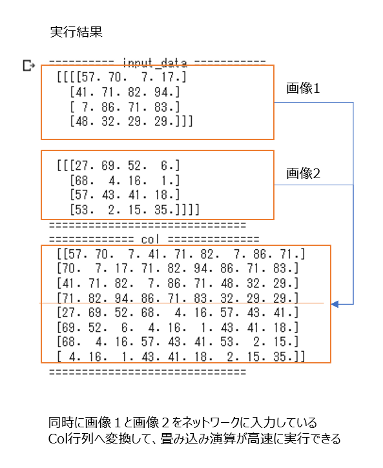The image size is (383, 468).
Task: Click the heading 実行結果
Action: [x=76, y=32]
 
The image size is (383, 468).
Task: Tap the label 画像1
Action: [x=303, y=88]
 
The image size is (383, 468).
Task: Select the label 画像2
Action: [x=304, y=174]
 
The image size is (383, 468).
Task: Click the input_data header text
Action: [x=155, y=63]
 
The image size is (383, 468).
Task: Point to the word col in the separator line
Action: [x=150, y=239]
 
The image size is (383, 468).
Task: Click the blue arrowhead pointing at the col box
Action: [x=335, y=304]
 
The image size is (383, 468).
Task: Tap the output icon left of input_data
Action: [x=29, y=65]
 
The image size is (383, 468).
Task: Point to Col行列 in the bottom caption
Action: [x=71, y=439]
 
